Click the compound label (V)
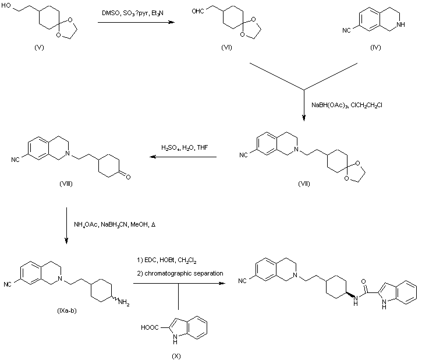tap(40, 47)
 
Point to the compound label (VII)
tap(303, 183)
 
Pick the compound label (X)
tap(179, 355)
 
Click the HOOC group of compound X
tap(150, 328)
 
